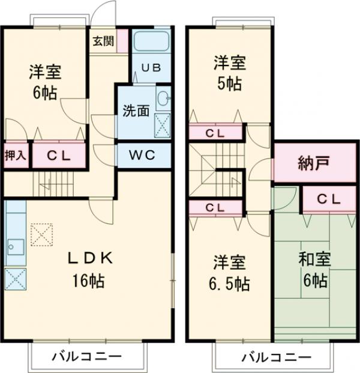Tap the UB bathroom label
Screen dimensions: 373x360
pos(151,67)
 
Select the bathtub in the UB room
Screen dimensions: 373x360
pos(152,42)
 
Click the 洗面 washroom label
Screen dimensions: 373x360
pos(136,111)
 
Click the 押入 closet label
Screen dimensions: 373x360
pos(16,156)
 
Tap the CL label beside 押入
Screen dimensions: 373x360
pos(59,156)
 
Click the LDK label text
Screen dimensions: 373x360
pos(90,258)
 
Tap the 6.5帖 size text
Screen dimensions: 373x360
pos(230,282)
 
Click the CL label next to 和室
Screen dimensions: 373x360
pos(329,198)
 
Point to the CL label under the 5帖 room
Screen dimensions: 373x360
pos(216,132)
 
